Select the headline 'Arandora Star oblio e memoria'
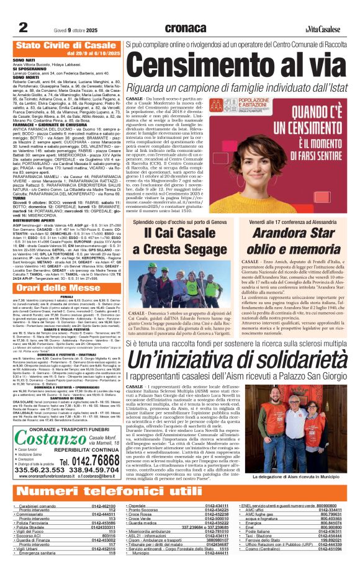(x=295, y=239)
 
